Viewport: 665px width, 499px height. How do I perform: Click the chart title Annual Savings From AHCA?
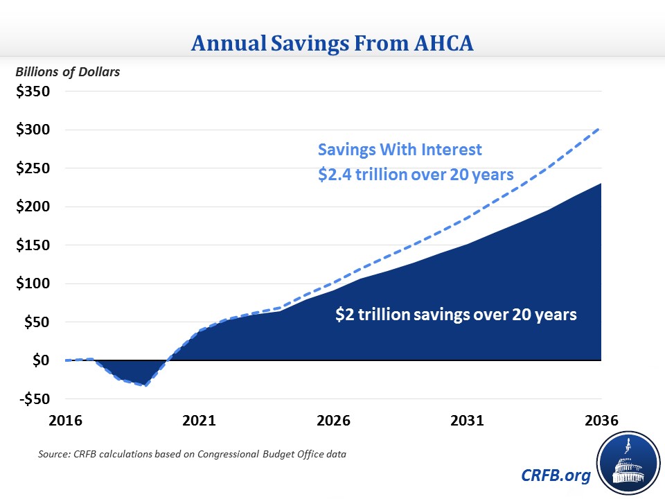pos(332,44)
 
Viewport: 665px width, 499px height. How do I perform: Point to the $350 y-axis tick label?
pos(33,91)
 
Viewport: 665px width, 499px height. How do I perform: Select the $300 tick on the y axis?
pos(33,130)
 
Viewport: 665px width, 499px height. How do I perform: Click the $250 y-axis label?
pos(33,168)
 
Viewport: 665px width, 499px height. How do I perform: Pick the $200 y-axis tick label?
pos(33,207)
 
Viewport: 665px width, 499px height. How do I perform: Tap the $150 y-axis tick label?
pos(33,245)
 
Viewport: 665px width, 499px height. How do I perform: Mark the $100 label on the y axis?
pos(33,283)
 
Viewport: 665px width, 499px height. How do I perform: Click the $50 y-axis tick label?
pos(37,322)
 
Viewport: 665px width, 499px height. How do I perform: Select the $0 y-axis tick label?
pos(41,360)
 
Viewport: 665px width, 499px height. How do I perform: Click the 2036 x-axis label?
pos(600,421)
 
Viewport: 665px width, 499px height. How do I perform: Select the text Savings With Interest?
pos(399,150)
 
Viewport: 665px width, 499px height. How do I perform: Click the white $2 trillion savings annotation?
pos(456,314)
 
